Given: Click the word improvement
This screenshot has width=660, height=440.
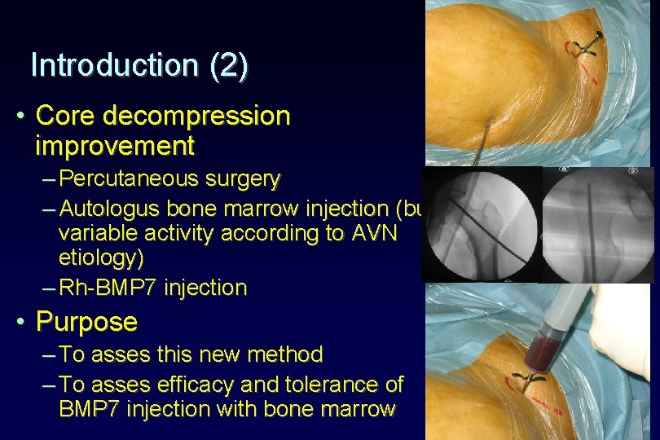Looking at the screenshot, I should pos(115,146).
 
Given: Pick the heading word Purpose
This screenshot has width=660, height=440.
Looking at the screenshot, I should pos(86,322).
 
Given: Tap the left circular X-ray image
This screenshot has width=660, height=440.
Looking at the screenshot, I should pos(482,224).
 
